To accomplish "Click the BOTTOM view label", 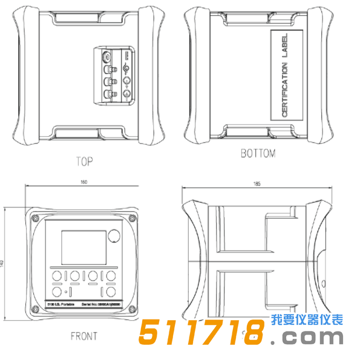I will pos(258,154).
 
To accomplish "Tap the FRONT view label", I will pos(83,336).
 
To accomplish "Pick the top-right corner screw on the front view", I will pos(137,212).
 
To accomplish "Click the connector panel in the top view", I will pos(114,74).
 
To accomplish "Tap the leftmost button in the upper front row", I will pos(56,276).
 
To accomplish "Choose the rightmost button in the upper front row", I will pos(112,276).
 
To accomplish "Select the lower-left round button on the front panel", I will pos(57,292).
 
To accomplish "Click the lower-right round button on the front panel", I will pos(112,292).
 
